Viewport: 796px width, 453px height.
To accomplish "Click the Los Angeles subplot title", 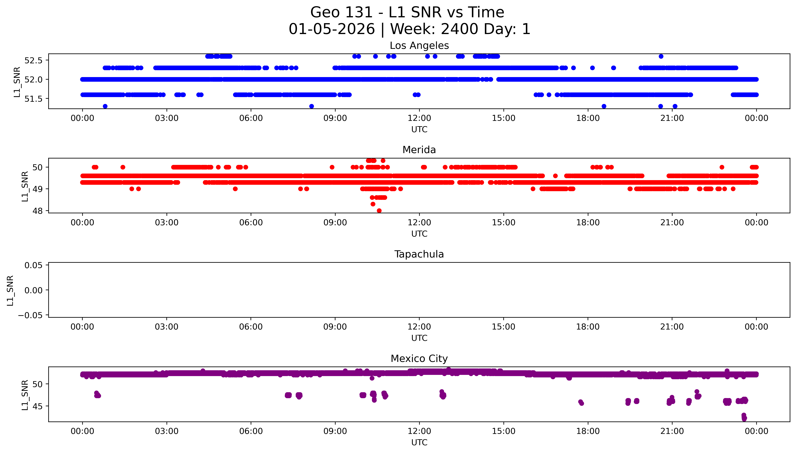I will tap(419, 46).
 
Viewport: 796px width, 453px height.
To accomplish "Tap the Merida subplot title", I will tap(419, 150).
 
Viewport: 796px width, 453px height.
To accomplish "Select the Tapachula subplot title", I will tap(419, 254).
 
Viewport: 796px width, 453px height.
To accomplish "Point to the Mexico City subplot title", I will tap(419, 359).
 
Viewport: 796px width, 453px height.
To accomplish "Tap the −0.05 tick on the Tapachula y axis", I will tap(30, 315).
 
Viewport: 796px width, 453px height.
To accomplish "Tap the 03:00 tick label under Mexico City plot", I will tap(167, 431).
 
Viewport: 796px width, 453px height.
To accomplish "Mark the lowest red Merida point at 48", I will tap(379, 211).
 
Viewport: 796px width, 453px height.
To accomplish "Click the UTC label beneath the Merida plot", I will tap(419, 234).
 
